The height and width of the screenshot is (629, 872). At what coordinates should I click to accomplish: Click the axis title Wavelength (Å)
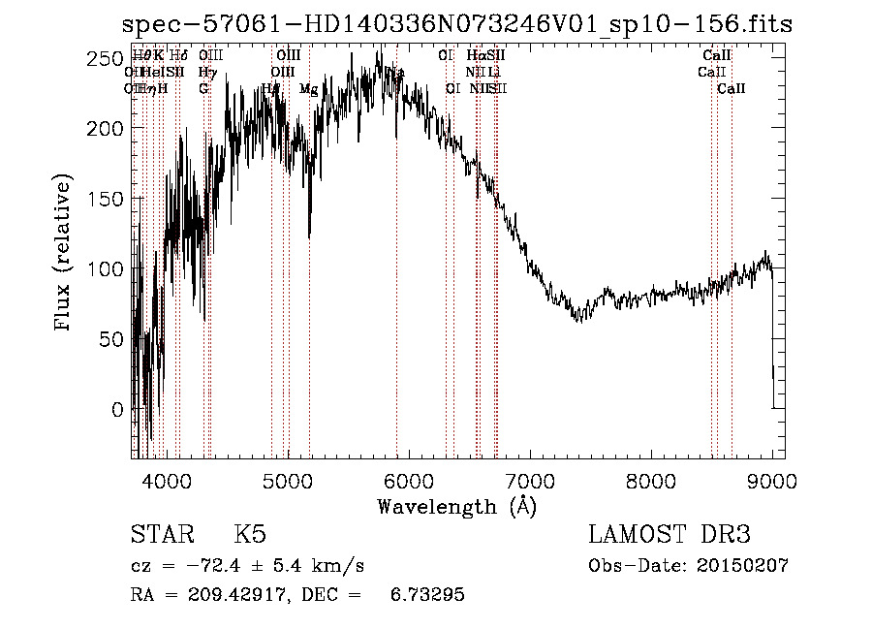[456, 506]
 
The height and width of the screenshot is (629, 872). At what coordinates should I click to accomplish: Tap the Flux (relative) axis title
[64, 254]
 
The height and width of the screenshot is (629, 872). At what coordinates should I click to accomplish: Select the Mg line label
[308, 89]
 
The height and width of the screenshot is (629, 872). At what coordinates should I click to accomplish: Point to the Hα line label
[475, 55]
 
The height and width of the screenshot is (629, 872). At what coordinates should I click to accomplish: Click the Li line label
[494, 73]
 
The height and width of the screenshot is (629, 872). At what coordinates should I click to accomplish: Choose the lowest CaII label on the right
[732, 89]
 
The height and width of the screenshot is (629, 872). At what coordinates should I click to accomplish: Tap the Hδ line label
[178, 55]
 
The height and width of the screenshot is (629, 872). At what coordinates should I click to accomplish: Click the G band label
[203, 89]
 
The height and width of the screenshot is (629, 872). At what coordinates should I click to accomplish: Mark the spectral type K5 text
[251, 535]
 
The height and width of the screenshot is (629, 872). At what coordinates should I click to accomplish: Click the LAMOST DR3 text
[670, 535]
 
